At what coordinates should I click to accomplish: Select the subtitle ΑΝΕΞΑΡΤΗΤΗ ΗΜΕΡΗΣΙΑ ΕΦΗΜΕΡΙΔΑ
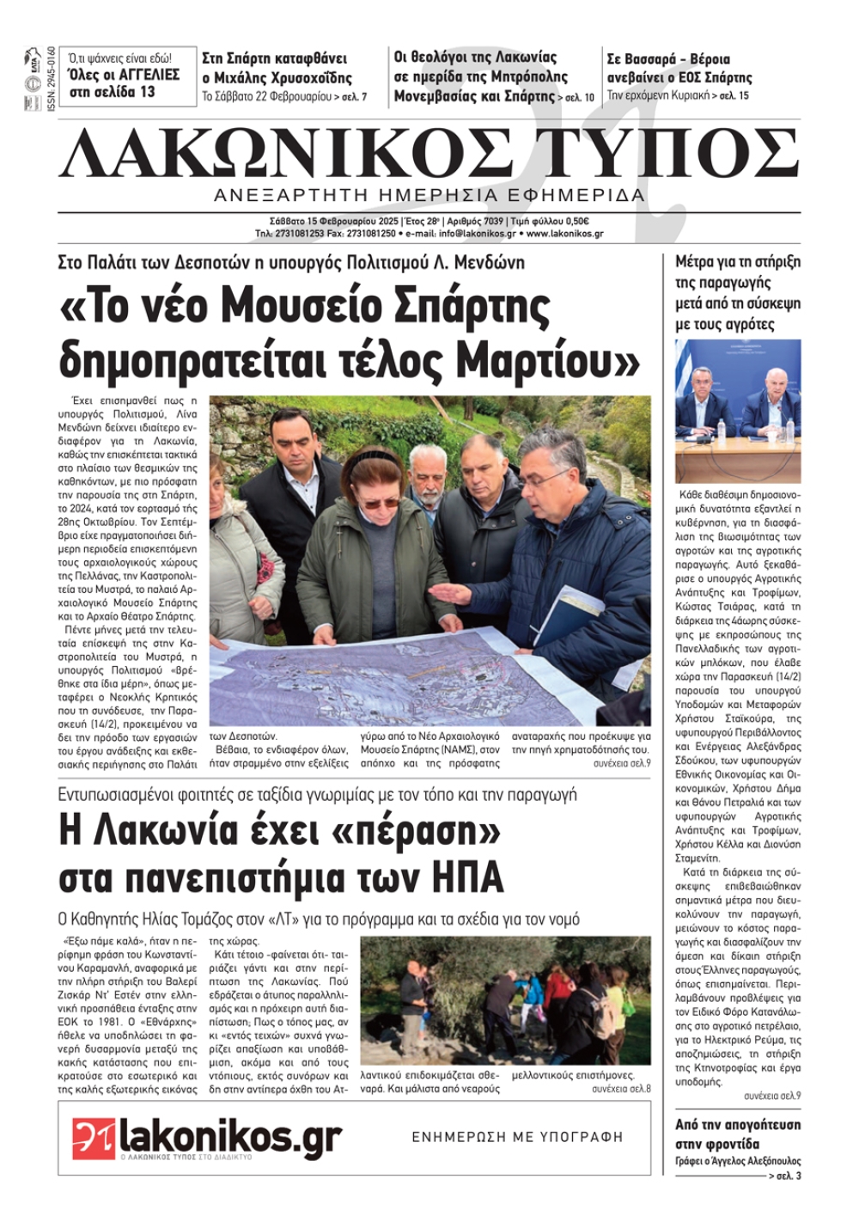click(x=429, y=195)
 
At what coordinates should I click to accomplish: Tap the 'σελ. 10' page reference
click(x=578, y=98)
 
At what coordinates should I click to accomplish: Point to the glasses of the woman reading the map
click(x=374, y=499)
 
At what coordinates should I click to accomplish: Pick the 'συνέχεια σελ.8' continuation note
click(x=621, y=1089)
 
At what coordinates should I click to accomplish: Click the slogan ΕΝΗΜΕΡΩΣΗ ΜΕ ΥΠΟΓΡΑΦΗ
click(x=517, y=1137)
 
